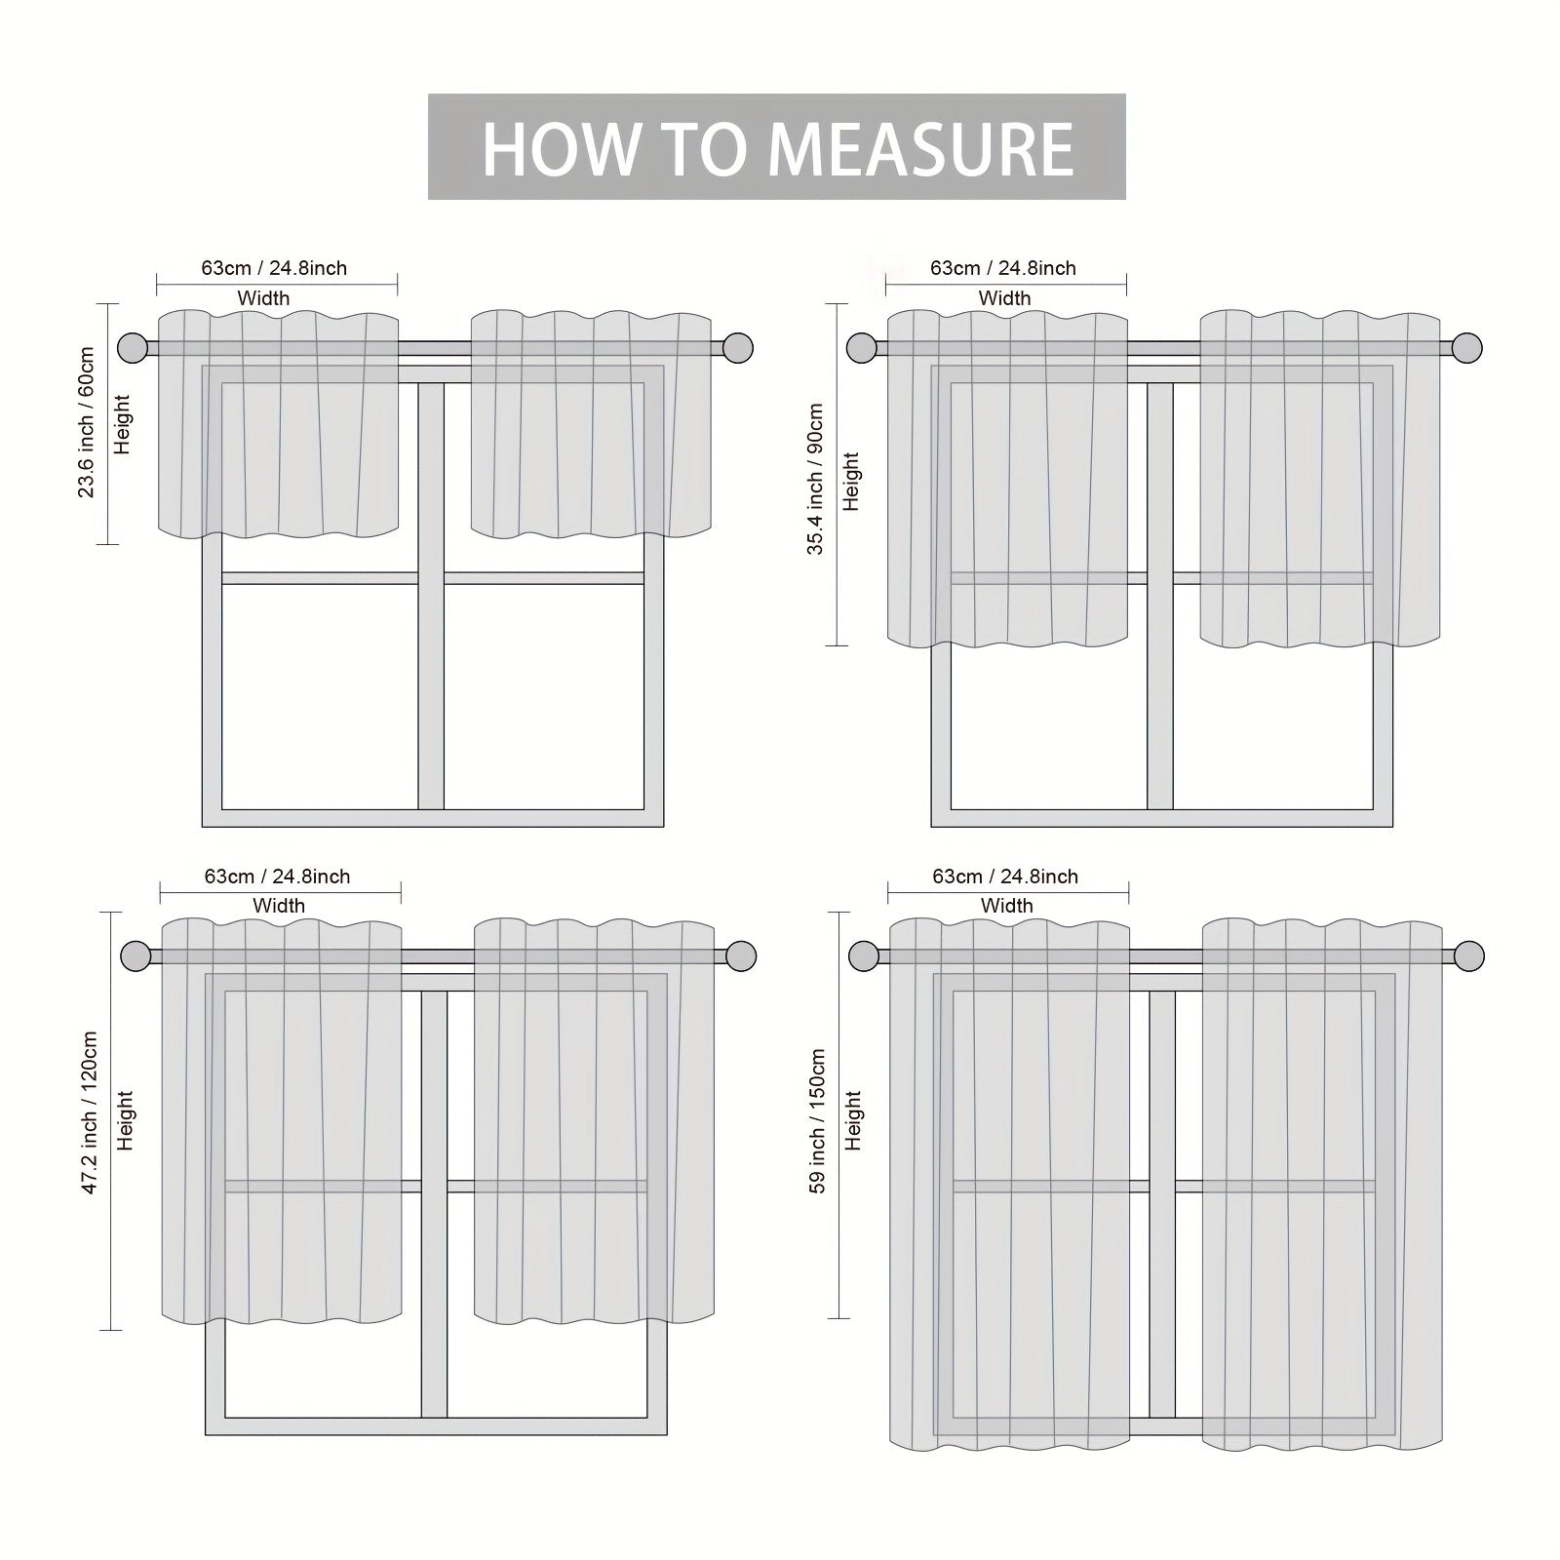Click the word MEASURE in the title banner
click(x=920, y=148)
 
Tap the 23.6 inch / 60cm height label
click(x=87, y=422)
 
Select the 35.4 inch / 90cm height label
click(x=816, y=480)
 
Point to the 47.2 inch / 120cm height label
click(x=90, y=1113)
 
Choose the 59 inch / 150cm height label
click(x=817, y=1121)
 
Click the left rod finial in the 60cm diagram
click(x=133, y=348)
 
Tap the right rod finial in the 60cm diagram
click(x=739, y=348)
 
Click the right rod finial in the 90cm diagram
click(x=1467, y=348)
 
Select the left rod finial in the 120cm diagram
click(x=136, y=955)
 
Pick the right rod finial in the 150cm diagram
click(x=1469, y=955)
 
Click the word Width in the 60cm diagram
click(x=263, y=298)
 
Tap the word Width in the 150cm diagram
click(x=1006, y=906)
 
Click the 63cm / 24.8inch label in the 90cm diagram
click(x=1003, y=268)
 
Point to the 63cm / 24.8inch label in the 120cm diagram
click(x=277, y=877)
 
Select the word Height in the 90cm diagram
click(x=851, y=482)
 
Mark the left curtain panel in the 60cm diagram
click(x=278, y=424)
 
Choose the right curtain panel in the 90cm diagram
click(x=1320, y=479)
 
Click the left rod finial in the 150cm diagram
click(x=864, y=955)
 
